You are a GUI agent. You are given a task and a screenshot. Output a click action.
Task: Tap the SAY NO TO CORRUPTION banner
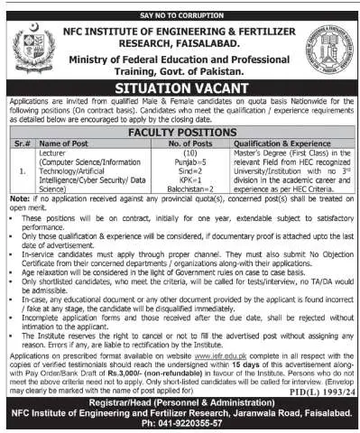[180, 8]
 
